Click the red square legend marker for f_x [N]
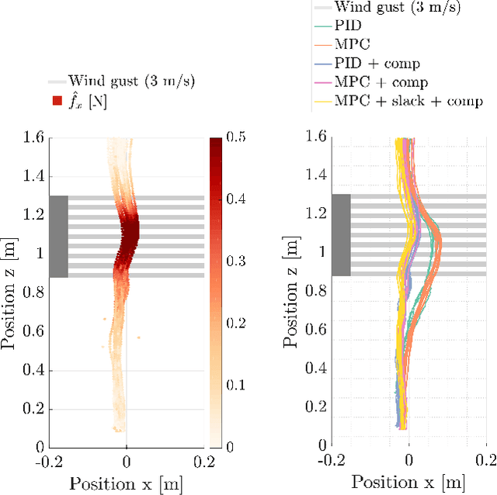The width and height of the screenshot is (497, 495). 55,100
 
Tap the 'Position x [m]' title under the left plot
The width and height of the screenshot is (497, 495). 127,483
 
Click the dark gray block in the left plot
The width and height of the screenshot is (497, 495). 59,237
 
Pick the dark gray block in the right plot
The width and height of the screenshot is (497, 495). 341,235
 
